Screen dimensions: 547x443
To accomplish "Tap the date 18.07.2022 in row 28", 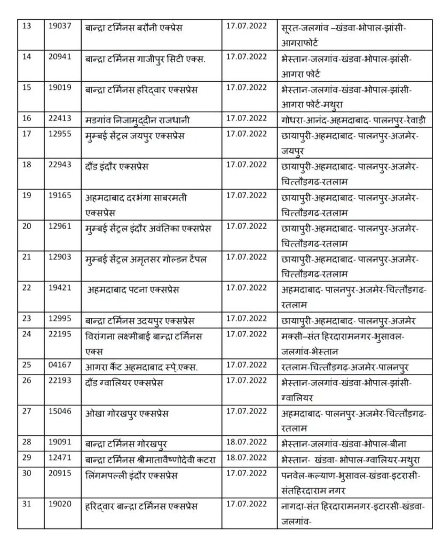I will pyautogui.click(x=246, y=443).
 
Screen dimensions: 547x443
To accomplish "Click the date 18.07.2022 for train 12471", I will pyautogui.click(x=246, y=459).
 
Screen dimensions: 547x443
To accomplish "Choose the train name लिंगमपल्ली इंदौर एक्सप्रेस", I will pyautogui.click(x=131, y=475).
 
